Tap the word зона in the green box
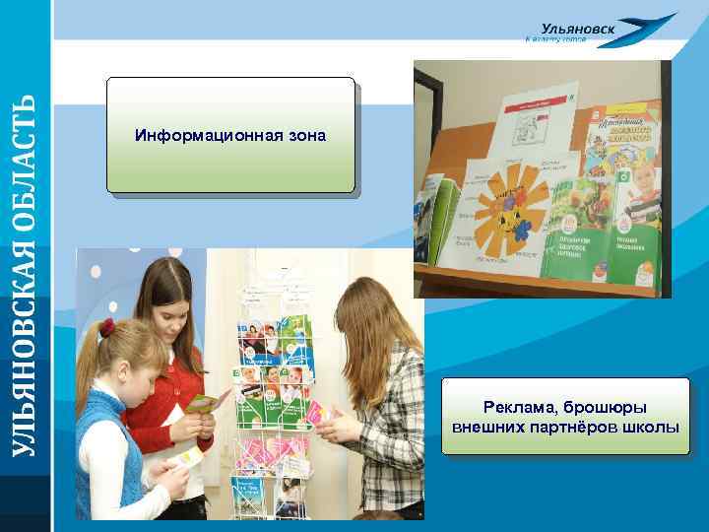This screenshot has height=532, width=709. point(305,135)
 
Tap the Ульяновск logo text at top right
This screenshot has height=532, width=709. point(579,29)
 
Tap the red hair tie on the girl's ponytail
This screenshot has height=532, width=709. point(105,328)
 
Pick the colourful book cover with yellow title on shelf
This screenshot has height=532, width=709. point(617,137)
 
